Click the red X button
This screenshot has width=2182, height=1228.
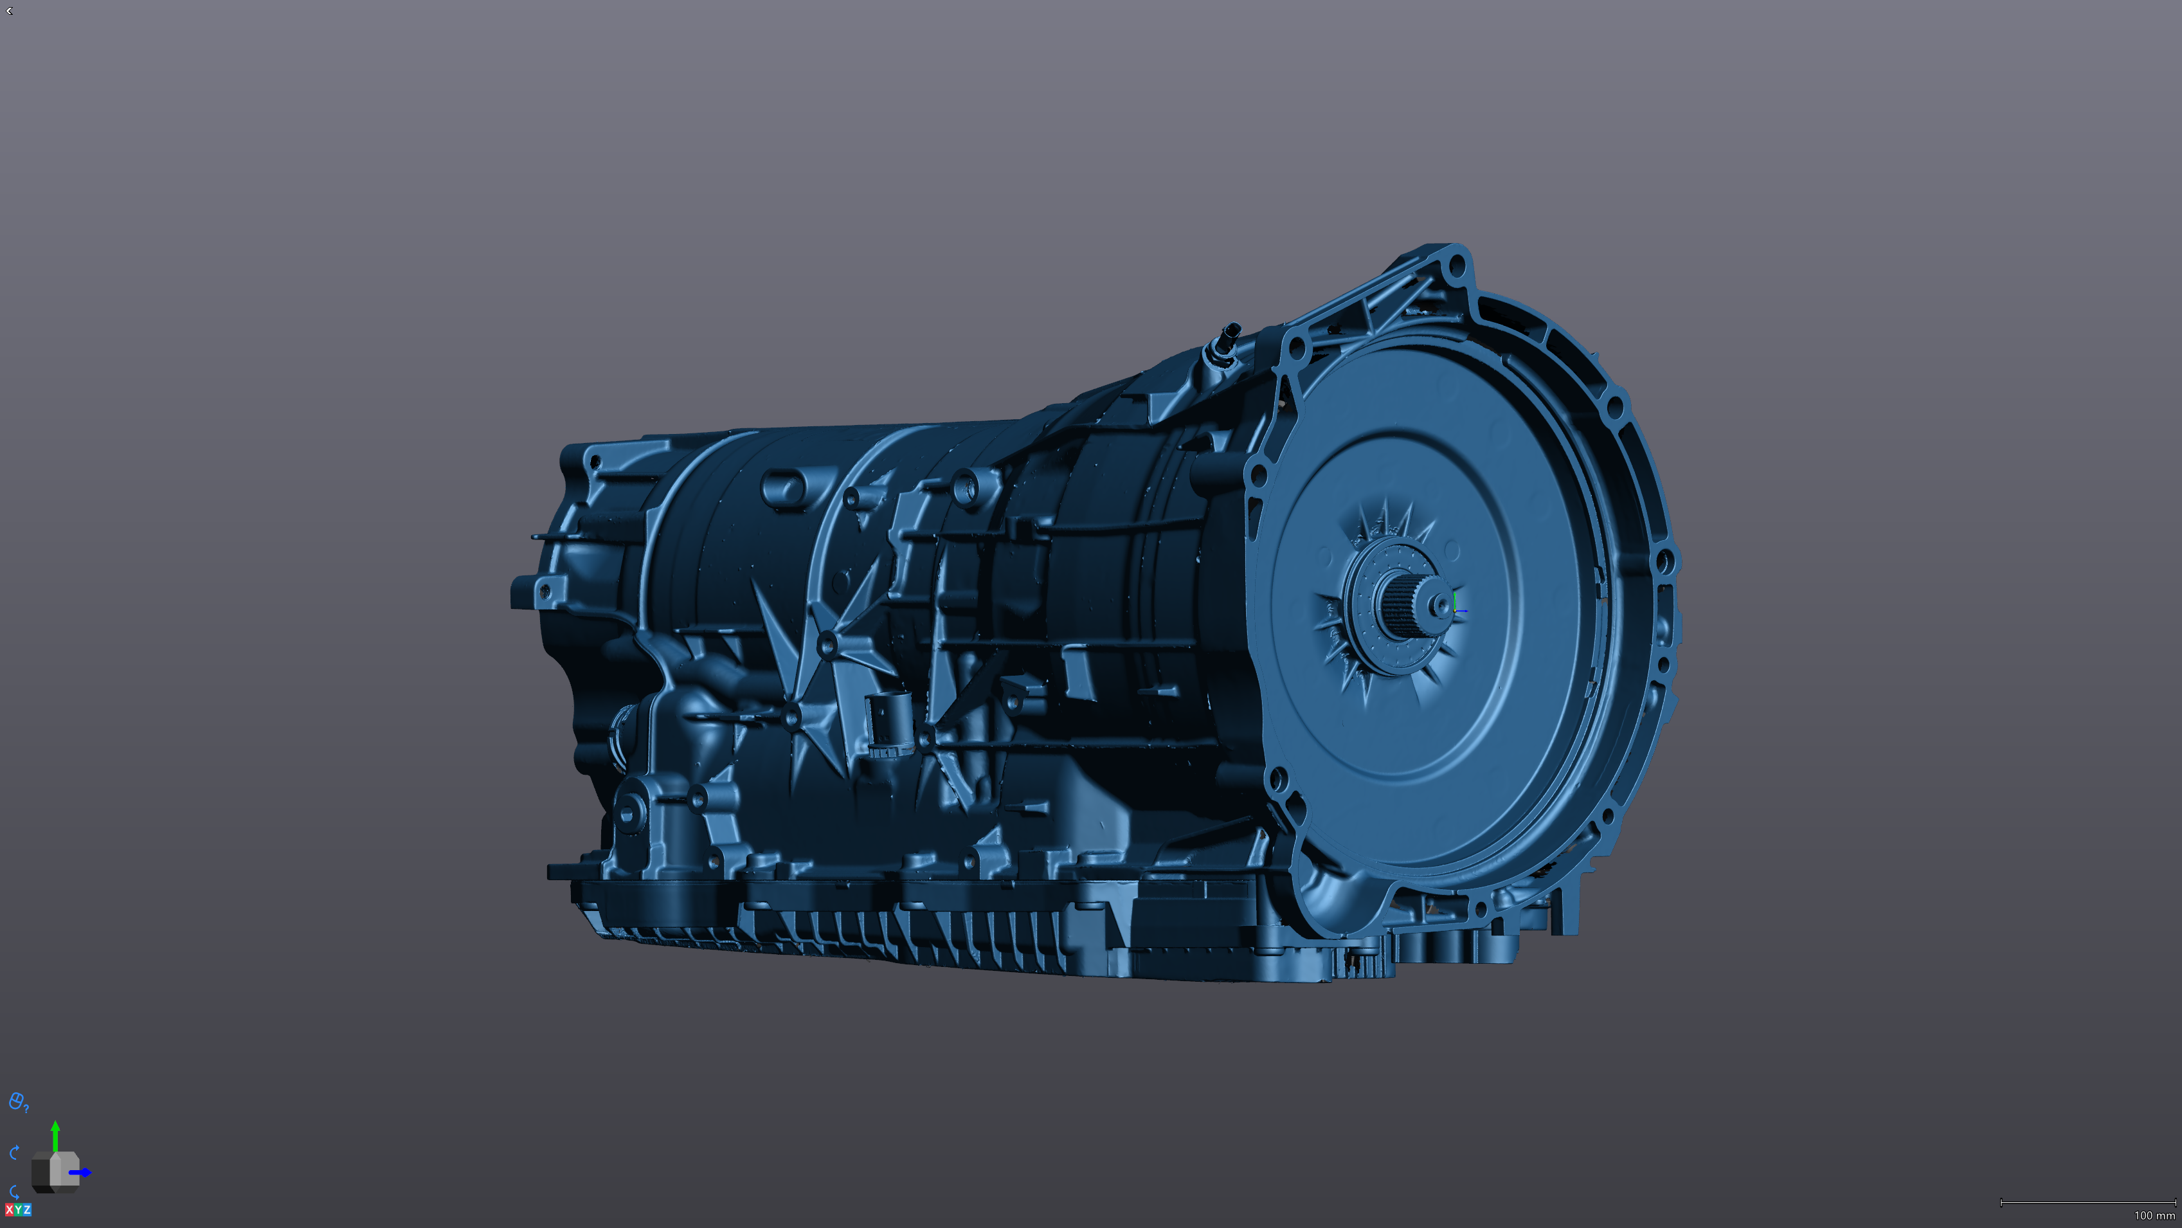(x=9, y=1209)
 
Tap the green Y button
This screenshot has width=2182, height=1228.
(x=18, y=1209)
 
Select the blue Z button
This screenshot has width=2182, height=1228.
(x=27, y=1209)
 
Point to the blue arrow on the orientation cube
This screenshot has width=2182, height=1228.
(x=82, y=1173)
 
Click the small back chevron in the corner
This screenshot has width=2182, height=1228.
(x=8, y=11)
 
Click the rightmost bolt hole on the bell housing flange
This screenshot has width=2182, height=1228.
(x=1664, y=561)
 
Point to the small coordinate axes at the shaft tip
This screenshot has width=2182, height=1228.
(x=1457, y=608)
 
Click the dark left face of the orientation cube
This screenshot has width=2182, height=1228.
(x=41, y=1173)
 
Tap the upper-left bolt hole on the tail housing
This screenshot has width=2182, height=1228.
(x=595, y=462)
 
